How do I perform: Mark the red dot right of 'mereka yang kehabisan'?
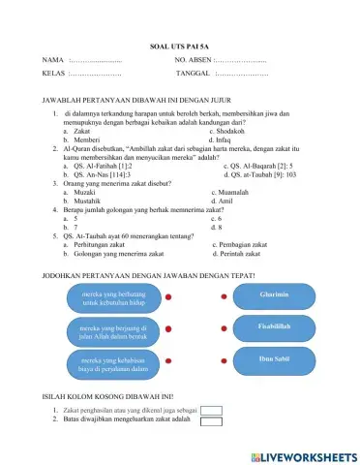(168, 363)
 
